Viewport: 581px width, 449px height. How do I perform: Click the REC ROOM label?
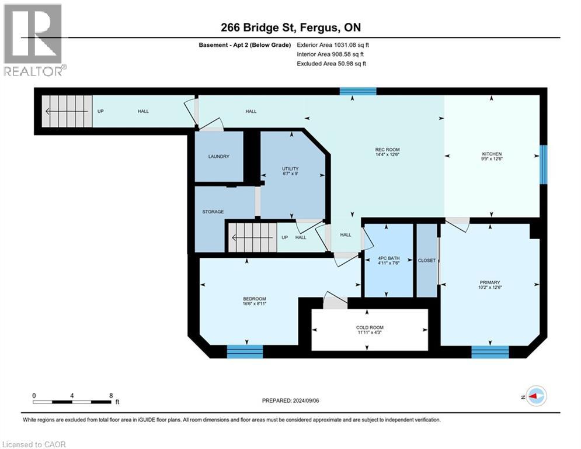coord(387,150)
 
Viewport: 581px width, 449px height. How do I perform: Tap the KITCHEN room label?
coord(492,154)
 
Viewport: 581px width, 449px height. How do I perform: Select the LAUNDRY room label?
coord(219,156)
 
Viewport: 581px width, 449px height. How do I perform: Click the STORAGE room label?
coord(213,212)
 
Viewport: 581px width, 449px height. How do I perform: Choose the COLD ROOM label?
coord(370,327)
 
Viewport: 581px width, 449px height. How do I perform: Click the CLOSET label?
coord(427,260)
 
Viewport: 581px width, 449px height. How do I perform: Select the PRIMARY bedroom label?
coord(489,283)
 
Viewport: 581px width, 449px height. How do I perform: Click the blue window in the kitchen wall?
coord(543,164)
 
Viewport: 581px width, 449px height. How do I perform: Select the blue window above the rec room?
coord(358,91)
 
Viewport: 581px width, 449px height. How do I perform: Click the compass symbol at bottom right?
coord(535,396)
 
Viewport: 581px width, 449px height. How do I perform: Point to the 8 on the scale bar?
coord(111,395)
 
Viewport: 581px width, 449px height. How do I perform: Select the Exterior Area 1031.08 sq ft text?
coord(333,44)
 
